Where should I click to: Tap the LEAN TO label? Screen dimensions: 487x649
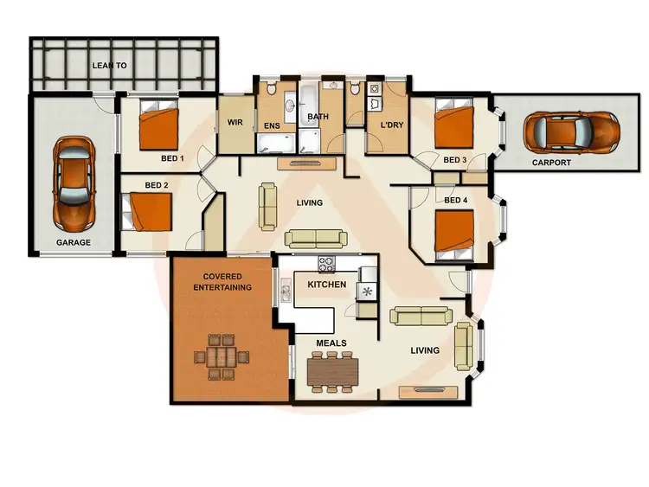point(110,66)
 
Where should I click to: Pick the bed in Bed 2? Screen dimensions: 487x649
point(151,212)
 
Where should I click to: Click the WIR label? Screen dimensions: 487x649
point(235,123)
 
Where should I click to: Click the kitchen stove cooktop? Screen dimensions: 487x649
point(328,265)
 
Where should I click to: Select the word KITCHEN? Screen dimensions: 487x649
point(326,285)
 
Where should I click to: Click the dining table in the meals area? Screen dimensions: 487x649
point(333,370)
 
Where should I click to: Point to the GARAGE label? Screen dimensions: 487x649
point(73,243)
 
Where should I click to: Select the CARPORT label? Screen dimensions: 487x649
point(551,162)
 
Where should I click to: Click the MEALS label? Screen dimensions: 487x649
point(331,343)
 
